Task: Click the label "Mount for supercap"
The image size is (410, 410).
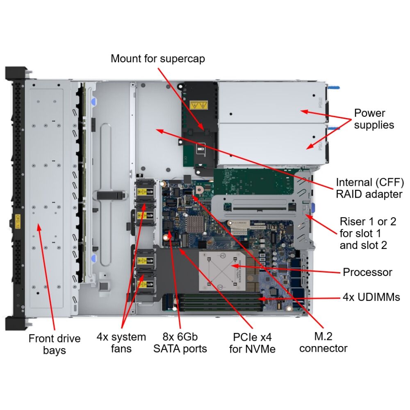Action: (x=158, y=59)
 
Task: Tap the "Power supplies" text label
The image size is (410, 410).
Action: (x=374, y=119)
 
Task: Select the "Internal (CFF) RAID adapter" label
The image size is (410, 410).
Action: (x=369, y=188)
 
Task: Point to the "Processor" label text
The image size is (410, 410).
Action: (x=367, y=272)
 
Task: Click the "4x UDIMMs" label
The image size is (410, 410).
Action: (x=371, y=297)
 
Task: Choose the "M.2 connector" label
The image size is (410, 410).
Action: (x=323, y=342)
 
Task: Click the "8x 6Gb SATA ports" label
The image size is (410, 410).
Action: (x=180, y=343)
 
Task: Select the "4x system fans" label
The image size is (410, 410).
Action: (x=121, y=343)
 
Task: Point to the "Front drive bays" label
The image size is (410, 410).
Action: (x=55, y=344)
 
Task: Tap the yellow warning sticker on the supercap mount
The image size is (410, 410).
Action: (x=198, y=105)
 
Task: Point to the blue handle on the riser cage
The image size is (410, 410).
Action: (x=313, y=208)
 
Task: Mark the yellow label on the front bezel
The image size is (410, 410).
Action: (x=17, y=219)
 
